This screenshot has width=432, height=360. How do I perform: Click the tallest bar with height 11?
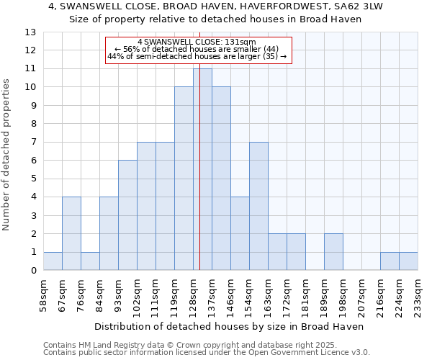[x=202, y=169]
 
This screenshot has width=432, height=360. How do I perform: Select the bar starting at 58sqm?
[x=53, y=261]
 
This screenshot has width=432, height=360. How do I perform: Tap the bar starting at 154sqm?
[x=258, y=206]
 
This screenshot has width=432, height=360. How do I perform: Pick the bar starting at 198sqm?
[x=333, y=252]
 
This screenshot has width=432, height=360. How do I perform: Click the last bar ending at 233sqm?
[x=408, y=261]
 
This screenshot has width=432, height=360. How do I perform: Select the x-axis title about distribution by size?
[x=229, y=327]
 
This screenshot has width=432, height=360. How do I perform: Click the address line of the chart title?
[x=216, y=6]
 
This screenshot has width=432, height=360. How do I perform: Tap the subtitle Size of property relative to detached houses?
[x=216, y=19]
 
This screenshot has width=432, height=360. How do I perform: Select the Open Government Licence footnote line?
[x=206, y=353]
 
